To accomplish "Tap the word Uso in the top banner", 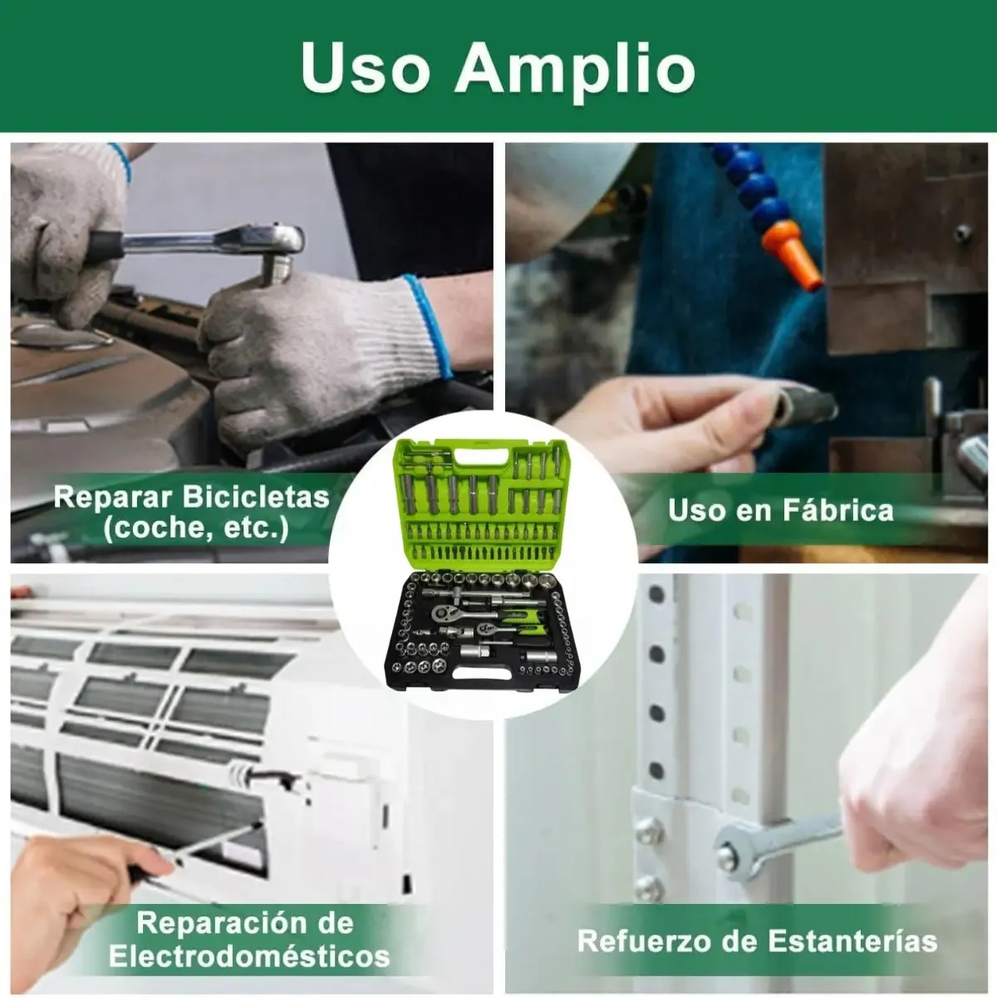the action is point(366,67).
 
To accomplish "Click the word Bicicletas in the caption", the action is point(256,498).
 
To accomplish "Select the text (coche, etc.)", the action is point(196,529).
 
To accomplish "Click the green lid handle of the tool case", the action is point(481,457).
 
